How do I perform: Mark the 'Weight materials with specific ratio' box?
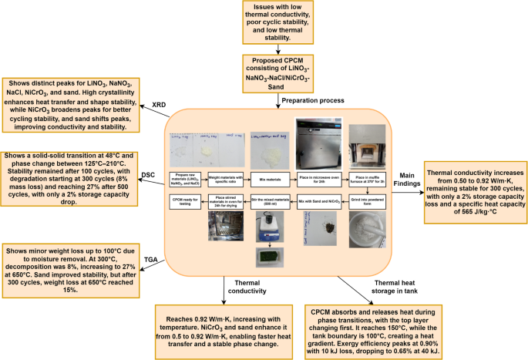coord(227,177)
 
